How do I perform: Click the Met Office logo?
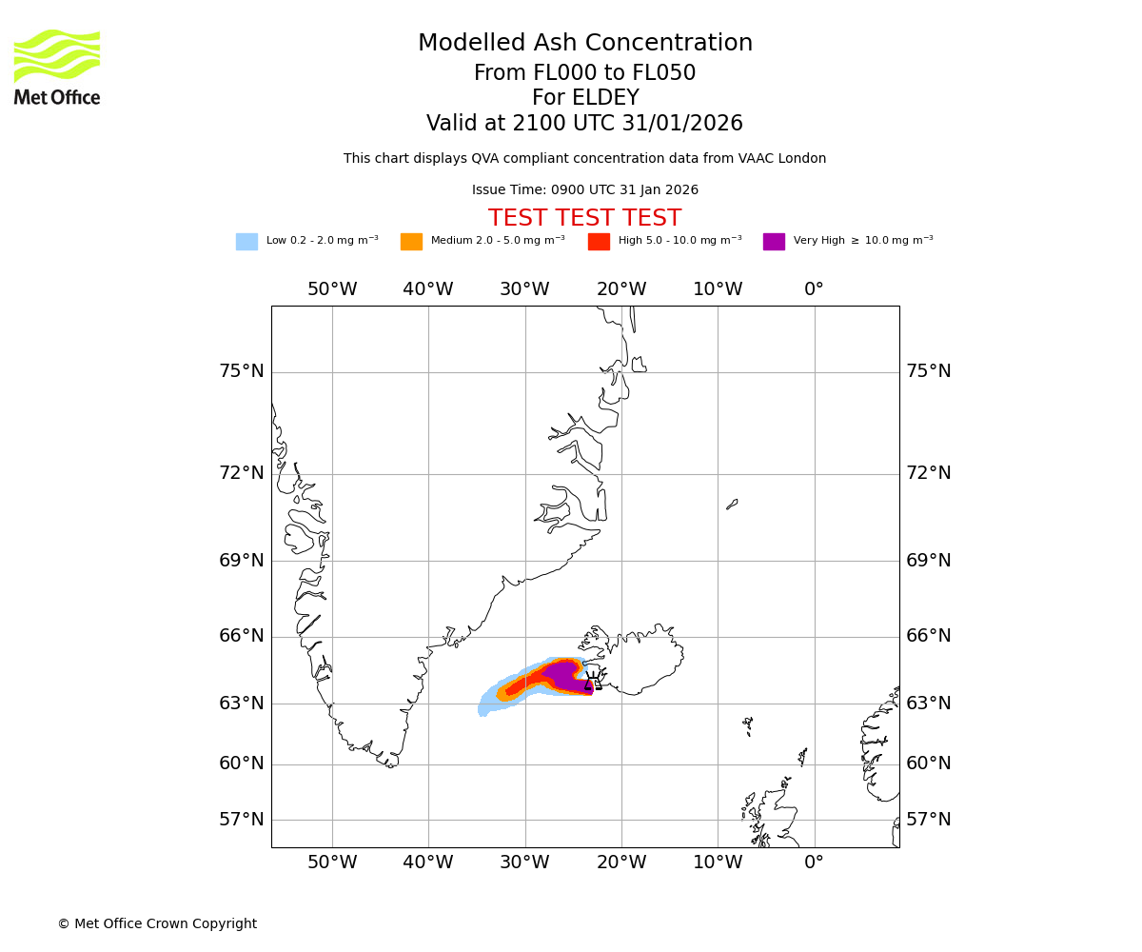(57, 67)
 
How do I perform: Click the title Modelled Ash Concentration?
(585, 44)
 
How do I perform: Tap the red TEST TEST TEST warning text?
(584, 219)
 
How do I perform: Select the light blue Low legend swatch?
(246, 242)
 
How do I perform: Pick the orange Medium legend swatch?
(411, 242)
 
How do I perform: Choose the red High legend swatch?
(599, 242)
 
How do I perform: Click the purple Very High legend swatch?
(774, 242)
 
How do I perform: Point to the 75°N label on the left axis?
(242, 371)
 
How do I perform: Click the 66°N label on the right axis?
(928, 636)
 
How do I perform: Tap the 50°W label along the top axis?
(332, 289)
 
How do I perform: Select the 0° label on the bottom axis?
(814, 863)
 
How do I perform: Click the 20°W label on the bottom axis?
(621, 863)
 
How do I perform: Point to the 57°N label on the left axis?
(242, 820)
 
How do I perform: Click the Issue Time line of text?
(584, 190)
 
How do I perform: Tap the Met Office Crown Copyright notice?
(157, 924)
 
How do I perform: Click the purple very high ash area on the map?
(561, 674)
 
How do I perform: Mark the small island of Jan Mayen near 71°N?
(732, 504)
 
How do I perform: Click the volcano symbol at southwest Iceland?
(594, 680)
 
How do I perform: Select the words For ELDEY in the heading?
(584, 98)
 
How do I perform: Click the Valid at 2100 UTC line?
(584, 124)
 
